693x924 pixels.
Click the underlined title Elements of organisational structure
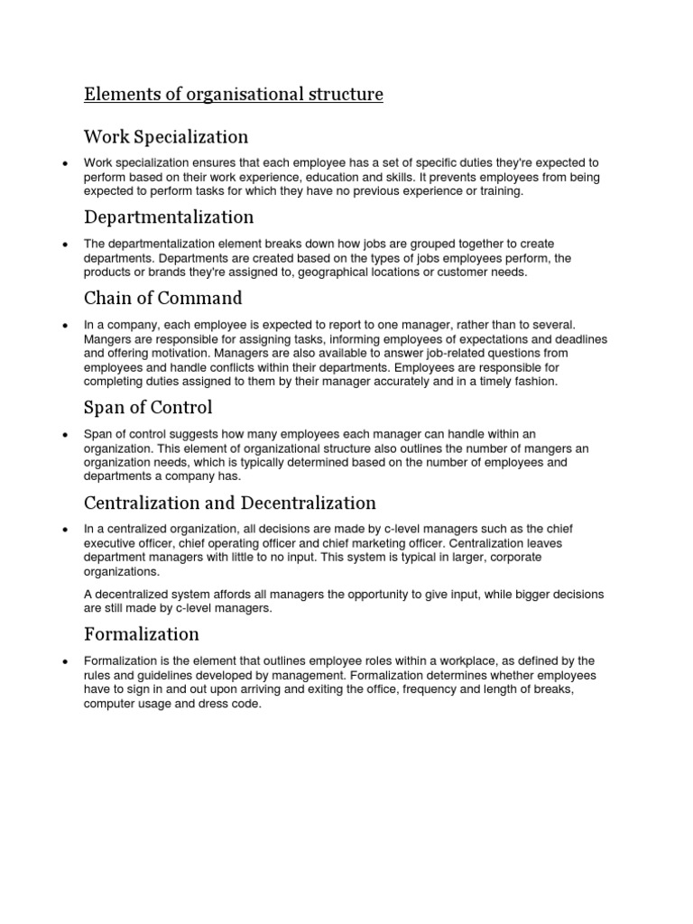234,95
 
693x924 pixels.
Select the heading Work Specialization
166,137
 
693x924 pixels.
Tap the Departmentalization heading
169,217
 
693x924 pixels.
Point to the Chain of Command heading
163,298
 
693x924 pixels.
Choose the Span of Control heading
148,407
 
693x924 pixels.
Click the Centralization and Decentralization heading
230,503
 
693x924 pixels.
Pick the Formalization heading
142,634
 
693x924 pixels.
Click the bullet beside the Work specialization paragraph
63,163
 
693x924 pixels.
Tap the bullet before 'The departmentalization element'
63,245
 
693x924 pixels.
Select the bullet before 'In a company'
63,325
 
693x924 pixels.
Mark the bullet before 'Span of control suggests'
63,435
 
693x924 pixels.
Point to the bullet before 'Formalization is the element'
63,661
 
